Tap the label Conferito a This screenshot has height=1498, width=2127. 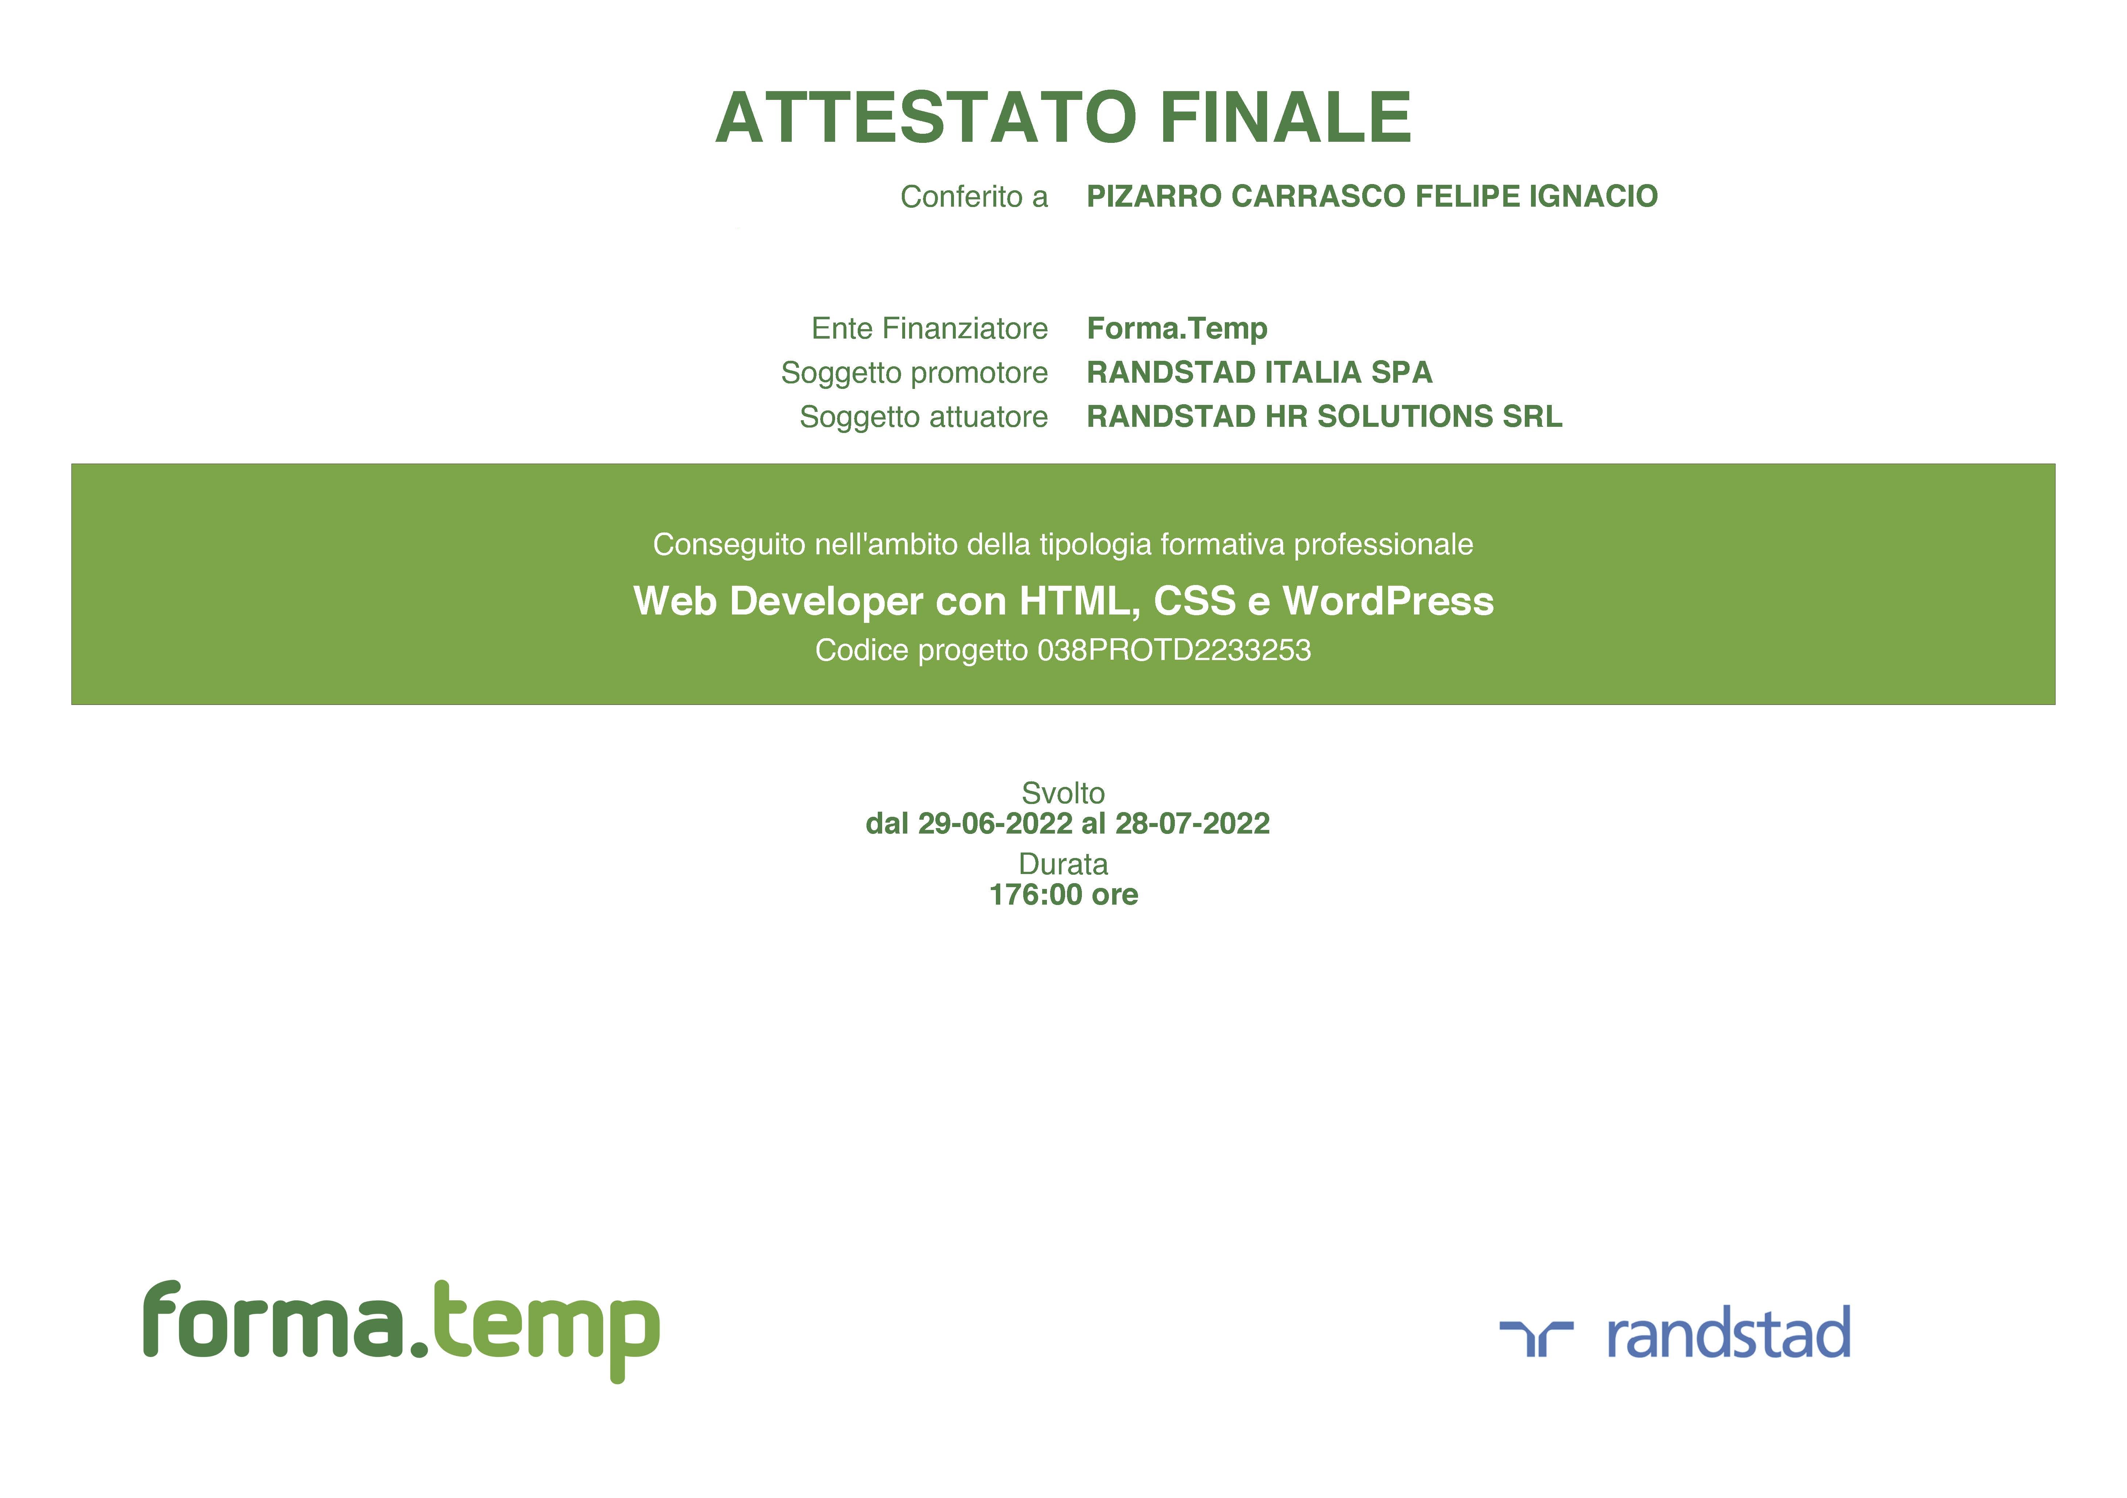click(x=974, y=196)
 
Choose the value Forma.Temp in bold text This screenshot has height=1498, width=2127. click(x=1177, y=329)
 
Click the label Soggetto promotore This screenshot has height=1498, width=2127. click(x=914, y=372)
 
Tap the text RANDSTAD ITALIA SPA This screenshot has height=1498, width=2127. click(x=1259, y=372)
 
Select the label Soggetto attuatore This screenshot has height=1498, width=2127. click(x=924, y=417)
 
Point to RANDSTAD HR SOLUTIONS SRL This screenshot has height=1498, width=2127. click(x=1324, y=417)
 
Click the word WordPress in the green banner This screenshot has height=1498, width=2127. click(x=1388, y=601)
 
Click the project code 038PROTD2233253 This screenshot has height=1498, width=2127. click(x=1174, y=650)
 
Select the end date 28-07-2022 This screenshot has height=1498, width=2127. click(x=1192, y=824)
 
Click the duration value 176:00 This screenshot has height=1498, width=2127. click(x=1036, y=895)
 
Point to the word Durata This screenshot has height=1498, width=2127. click(x=1064, y=864)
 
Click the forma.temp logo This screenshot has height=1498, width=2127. click(x=401, y=1330)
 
